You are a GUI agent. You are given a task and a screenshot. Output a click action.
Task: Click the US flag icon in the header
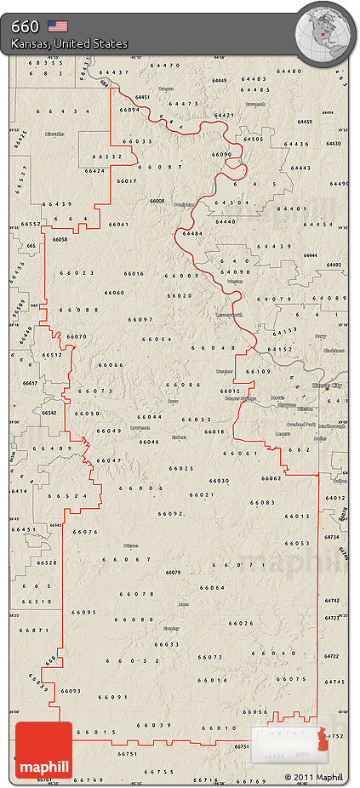coord(58,26)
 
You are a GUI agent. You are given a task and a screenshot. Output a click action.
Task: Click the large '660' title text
coord(25,26)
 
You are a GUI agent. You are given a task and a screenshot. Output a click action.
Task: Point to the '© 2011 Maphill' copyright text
coord(314,777)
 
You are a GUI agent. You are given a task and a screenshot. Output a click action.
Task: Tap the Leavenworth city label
coord(230,315)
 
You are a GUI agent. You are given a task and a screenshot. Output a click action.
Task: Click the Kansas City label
coord(326,385)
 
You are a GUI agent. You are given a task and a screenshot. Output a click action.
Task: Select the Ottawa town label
coord(131,545)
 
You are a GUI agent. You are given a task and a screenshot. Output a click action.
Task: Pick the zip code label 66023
coord(77,273)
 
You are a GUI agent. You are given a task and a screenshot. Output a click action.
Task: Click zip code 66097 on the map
coord(140,319)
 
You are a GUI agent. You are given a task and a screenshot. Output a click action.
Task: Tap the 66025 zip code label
coord(181,468)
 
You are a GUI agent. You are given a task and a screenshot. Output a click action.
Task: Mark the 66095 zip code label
coord(84,612)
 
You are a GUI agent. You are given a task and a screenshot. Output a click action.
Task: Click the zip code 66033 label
coord(167,644)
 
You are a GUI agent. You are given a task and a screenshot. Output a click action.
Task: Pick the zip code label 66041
coord(118,224)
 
